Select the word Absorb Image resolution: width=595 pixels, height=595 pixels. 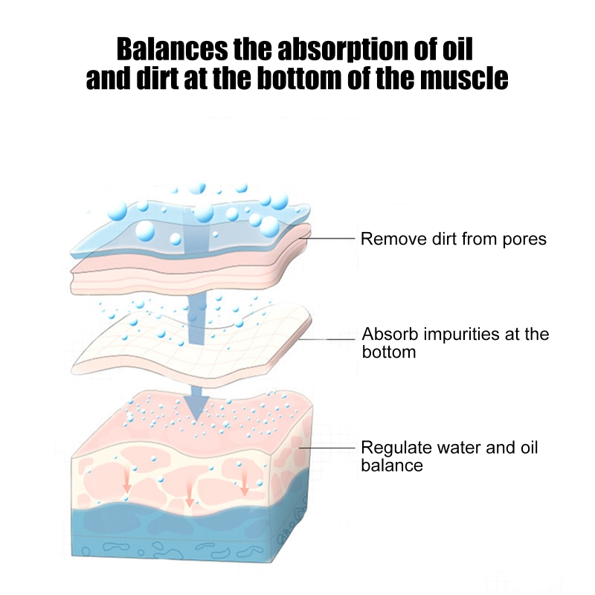[x=385, y=334]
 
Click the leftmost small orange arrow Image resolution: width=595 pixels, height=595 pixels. [x=127, y=482]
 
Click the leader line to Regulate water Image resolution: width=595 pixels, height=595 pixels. [x=327, y=448]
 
